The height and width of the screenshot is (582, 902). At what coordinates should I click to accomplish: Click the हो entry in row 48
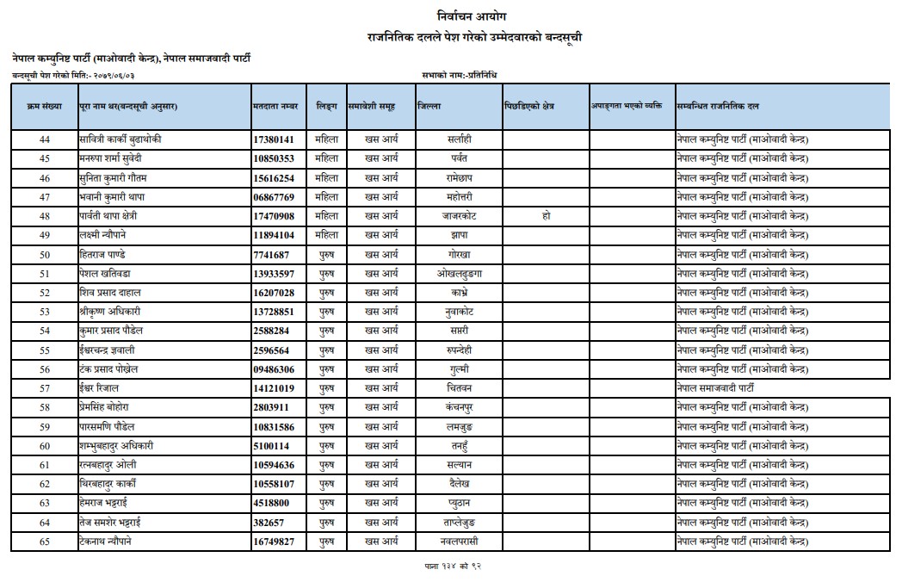[x=546, y=216]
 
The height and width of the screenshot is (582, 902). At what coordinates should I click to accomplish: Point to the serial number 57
[x=45, y=388]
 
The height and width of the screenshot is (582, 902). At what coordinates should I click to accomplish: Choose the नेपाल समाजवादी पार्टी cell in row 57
[x=727, y=388]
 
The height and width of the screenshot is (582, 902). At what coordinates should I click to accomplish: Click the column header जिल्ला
[x=429, y=106]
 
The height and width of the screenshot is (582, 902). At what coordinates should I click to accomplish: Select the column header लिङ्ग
[x=326, y=106]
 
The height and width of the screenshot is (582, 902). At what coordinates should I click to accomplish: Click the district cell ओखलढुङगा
[x=459, y=274]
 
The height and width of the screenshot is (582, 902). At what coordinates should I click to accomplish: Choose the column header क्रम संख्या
[x=45, y=106]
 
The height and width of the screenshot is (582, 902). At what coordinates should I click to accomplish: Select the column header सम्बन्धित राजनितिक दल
[x=718, y=106]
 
